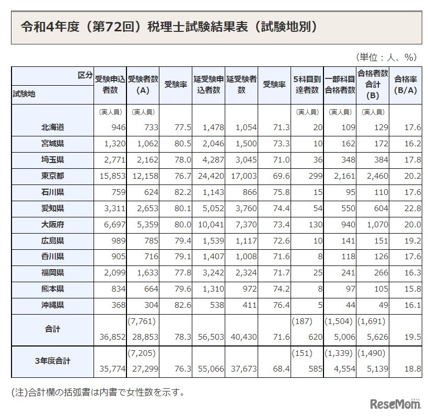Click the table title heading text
(x=168, y=26)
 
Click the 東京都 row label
(x=53, y=176)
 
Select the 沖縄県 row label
(x=53, y=305)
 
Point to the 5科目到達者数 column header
(x=307, y=85)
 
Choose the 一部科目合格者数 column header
(x=340, y=85)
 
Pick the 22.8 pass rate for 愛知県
(x=411, y=209)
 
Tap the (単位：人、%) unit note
(x=385, y=57)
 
